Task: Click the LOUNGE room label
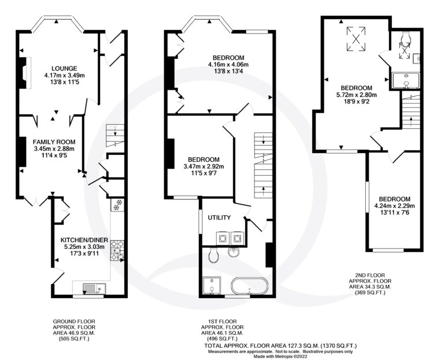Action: point(64,68)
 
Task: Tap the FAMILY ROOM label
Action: point(54,142)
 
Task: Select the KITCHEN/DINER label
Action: point(84,240)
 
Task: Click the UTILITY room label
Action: point(219,218)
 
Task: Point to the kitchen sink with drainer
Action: point(94,288)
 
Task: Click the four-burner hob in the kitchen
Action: point(117,250)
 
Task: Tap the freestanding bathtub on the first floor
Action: point(250,287)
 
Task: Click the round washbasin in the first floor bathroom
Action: point(234,252)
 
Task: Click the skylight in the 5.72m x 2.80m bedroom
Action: point(356,39)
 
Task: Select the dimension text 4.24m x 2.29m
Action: point(394,206)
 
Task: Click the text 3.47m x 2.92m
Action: point(203,166)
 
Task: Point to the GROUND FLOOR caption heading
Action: point(74,321)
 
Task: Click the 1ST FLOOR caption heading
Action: point(222,321)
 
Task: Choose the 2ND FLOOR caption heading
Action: point(370,275)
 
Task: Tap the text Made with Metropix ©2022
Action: point(280,357)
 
